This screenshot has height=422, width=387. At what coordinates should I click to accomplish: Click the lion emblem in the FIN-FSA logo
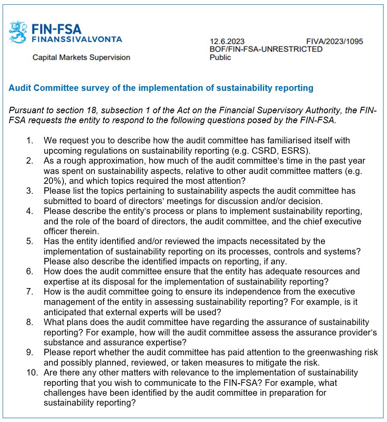(x=19, y=32)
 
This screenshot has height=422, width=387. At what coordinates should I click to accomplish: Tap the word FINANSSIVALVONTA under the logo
(x=77, y=39)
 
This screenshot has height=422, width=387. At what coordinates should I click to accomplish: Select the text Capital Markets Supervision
(x=81, y=57)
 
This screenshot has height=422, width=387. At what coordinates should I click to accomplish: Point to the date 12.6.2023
(x=227, y=41)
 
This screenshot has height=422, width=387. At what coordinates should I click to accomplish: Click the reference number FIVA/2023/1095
(x=334, y=41)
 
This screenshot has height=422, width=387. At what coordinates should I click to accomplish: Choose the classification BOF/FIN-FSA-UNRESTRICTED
(x=266, y=49)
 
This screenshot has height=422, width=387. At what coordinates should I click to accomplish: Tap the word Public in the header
(x=220, y=57)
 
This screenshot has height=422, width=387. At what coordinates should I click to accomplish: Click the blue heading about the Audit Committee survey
(x=161, y=88)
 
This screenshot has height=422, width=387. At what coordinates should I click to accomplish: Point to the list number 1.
(x=29, y=141)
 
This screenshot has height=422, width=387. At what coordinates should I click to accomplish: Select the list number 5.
(x=29, y=241)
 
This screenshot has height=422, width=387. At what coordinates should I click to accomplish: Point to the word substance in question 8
(x=64, y=342)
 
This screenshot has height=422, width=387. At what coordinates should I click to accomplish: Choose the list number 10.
(x=31, y=372)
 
